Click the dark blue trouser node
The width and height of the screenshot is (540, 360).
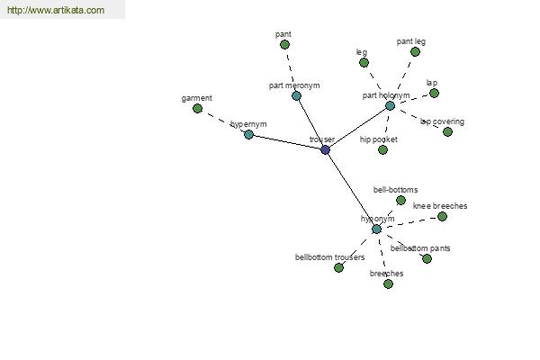pyautogui.click(x=325, y=150)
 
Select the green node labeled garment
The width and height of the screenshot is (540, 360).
pyautogui.click(x=197, y=109)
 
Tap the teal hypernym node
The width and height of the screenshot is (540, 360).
pyautogui.click(x=248, y=134)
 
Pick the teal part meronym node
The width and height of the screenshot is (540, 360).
pyautogui.click(x=296, y=95)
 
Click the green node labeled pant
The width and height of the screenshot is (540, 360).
pyautogui.click(x=284, y=44)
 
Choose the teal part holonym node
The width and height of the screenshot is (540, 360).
pyautogui.click(x=390, y=106)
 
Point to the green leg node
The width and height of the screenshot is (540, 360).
pyautogui.click(x=364, y=63)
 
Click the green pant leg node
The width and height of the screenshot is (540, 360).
pyautogui.click(x=415, y=52)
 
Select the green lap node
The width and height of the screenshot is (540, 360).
pyautogui.click(x=435, y=93)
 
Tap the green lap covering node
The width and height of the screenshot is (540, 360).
pyautogui.click(x=447, y=131)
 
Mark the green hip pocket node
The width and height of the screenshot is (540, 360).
pyautogui.click(x=382, y=150)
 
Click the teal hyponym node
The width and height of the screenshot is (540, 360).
pyautogui.click(x=377, y=229)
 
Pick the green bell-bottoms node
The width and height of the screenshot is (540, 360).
pyautogui.click(x=400, y=200)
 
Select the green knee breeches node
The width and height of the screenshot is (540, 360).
pyautogui.click(x=442, y=216)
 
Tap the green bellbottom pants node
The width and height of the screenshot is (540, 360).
pyautogui.click(x=427, y=258)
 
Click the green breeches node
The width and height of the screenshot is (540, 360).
pyautogui.click(x=388, y=283)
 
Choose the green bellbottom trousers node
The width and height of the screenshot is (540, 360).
pyautogui.click(x=338, y=267)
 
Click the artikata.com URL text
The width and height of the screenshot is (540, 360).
pyautogui.click(x=56, y=10)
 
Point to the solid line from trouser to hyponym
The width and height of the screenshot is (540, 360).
pyautogui.click(x=351, y=190)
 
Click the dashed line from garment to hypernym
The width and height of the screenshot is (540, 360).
pyautogui.click(x=223, y=121)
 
